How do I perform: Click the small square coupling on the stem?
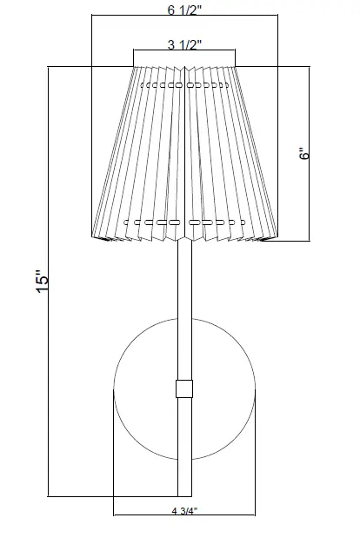pos(183,388)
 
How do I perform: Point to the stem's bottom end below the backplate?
pos(183,491)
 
